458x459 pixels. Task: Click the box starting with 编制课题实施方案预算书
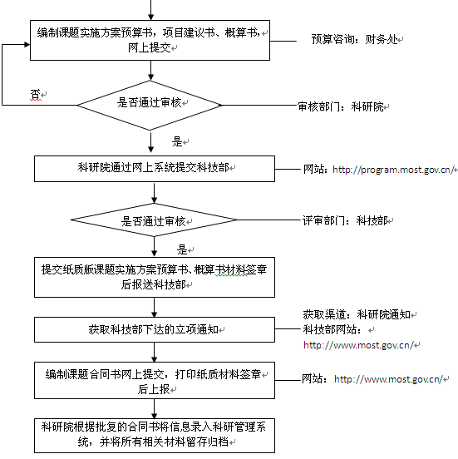click(x=150, y=41)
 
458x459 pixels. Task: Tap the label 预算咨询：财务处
click(x=354, y=39)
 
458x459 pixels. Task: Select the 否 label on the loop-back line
click(x=35, y=94)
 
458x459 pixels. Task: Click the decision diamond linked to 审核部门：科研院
click(x=150, y=106)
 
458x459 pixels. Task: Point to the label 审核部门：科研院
click(x=341, y=106)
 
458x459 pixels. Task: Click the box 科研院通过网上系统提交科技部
click(x=155, y=169)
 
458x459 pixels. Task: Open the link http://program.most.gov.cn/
click(x=393, y=170)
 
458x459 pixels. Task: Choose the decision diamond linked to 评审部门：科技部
click(x=154, y=220)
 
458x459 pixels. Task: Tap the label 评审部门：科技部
click(x=345, y=220)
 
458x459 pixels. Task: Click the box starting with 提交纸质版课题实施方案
click(x=155, y=277)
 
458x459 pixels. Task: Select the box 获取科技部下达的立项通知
click(x=155, y=329)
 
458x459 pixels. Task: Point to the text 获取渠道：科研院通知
click(x=357, y=314)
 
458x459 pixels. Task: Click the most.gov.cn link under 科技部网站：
click(x=358, y=345)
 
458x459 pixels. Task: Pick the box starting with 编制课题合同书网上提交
click(x=155, y=380)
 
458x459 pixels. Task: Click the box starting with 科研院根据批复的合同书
click(x=155, y=436)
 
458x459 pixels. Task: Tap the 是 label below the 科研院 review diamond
click(x=177, y=141)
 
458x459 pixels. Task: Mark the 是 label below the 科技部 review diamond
click(x=182, y=249)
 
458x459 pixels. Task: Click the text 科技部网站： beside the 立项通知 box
click(x=332, y=329)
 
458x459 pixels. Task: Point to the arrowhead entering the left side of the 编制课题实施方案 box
click(x=27, y=45)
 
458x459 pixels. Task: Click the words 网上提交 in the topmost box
click(x=150, y=47)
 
